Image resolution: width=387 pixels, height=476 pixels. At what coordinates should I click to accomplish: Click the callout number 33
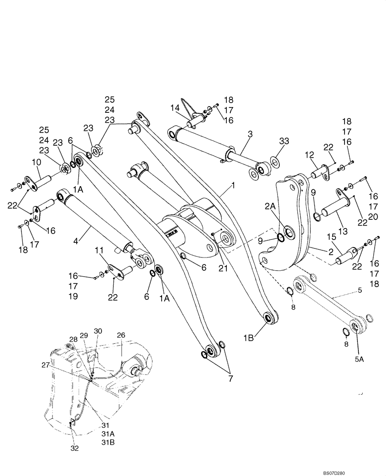(284, 141)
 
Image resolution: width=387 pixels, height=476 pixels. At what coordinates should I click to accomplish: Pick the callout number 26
(121, 335)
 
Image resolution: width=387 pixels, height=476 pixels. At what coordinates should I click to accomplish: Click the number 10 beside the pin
(37, 163)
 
